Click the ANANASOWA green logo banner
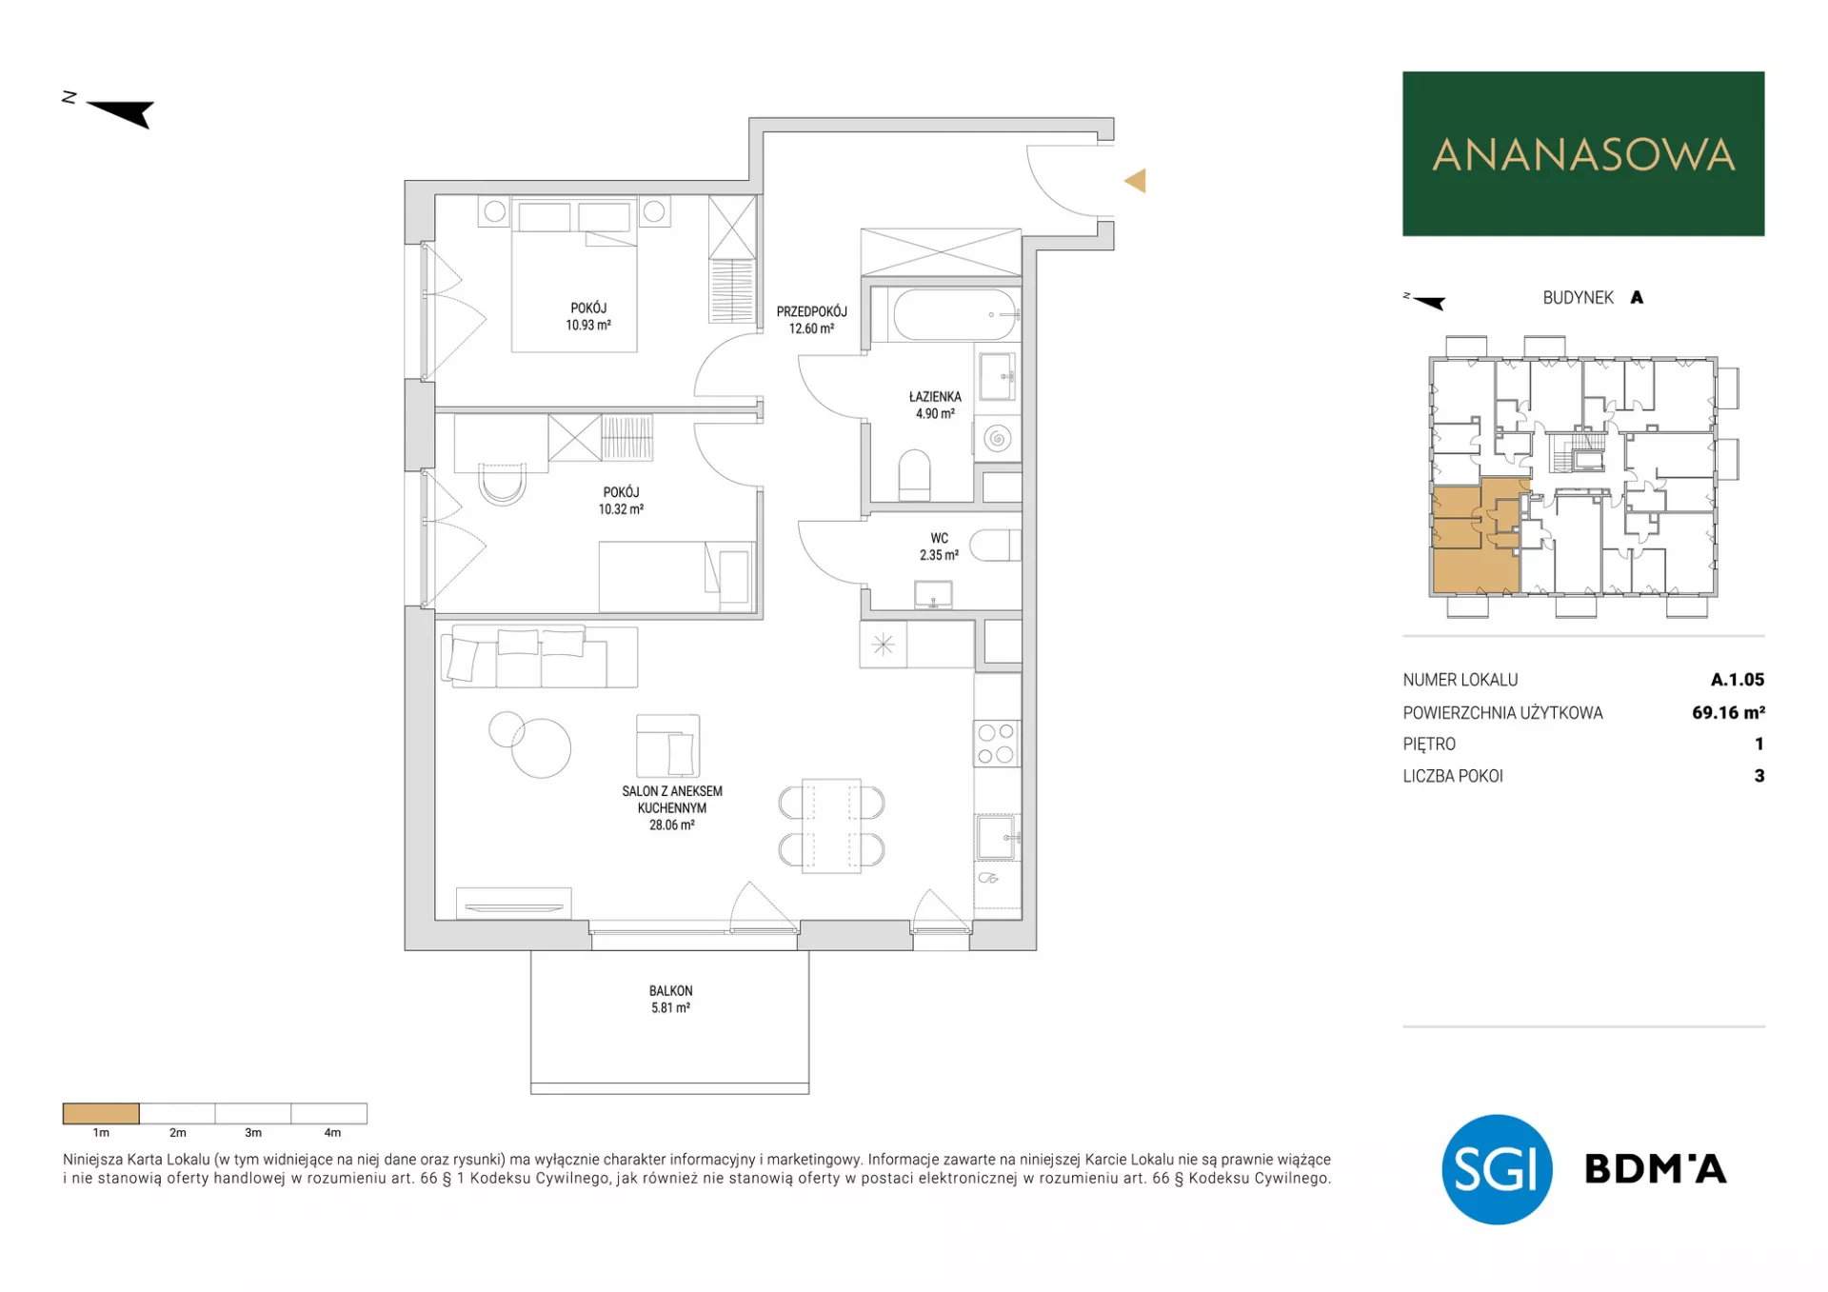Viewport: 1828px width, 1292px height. coord(1582,153)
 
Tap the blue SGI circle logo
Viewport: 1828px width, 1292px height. coord(1497,1169)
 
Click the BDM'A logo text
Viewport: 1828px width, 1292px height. coord(1655,1168)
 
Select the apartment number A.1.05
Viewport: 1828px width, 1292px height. coord(1738,680)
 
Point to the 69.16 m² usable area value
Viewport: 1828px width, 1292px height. coord(1728,712)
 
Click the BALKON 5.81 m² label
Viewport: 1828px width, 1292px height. coord(671,999)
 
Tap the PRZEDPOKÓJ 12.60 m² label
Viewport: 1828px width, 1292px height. coord(811,320)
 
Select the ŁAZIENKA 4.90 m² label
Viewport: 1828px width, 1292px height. coord(935,405)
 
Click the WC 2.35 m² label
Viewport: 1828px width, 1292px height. coord(939,547)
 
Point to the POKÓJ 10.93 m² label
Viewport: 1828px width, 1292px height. coord(588,316)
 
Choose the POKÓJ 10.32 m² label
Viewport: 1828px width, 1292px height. coord(621,501)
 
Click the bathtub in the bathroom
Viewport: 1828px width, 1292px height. coord(955,314)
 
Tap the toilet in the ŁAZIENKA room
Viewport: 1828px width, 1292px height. coord(914,475)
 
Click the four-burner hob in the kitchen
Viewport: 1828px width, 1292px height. coord(996,744)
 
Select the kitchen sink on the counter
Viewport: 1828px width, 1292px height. coord(997,837)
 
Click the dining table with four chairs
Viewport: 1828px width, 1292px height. coord(831,826)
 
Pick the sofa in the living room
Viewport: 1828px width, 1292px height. coord(539,656)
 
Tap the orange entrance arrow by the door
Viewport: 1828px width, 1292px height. coord(1135,181)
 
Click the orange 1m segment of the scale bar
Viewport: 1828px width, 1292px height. coord(101,1113)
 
